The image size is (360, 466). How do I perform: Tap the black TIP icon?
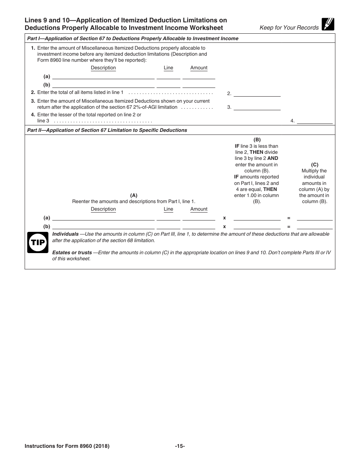[x=38, y=242]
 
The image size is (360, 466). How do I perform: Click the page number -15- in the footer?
[x=180, y=446]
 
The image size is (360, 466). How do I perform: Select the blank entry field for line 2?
[x=257, y=93]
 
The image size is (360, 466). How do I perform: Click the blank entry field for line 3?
[x=257, y=107]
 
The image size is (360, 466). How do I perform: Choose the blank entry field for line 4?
[x=315, y=121]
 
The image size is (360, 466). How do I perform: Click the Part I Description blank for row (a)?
[x=103, y=76]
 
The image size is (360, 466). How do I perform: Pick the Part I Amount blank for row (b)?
[x=199, y=85]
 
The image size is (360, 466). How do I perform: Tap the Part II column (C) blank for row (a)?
[x=315, y=218]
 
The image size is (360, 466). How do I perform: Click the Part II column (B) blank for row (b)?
[x=257, y=227]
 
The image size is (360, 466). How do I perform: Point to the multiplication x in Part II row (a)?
[x=224, y=218]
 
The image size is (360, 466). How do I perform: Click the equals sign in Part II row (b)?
[x=289, y=227]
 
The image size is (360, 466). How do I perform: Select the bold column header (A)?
[x=134, y=195]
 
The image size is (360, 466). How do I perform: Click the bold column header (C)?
[x=315, y=165]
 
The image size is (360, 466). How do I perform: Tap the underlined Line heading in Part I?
[x=168, y=68]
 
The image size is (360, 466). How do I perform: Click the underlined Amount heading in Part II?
[x=199, y=209]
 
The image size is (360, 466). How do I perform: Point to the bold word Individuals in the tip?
[x=66, y=234]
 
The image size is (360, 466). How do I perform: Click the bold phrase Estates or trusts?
[x=72, y=253]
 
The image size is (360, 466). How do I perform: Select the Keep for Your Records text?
[x=289, y=28]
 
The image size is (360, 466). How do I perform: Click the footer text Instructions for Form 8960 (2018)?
[x=67, y=446]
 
